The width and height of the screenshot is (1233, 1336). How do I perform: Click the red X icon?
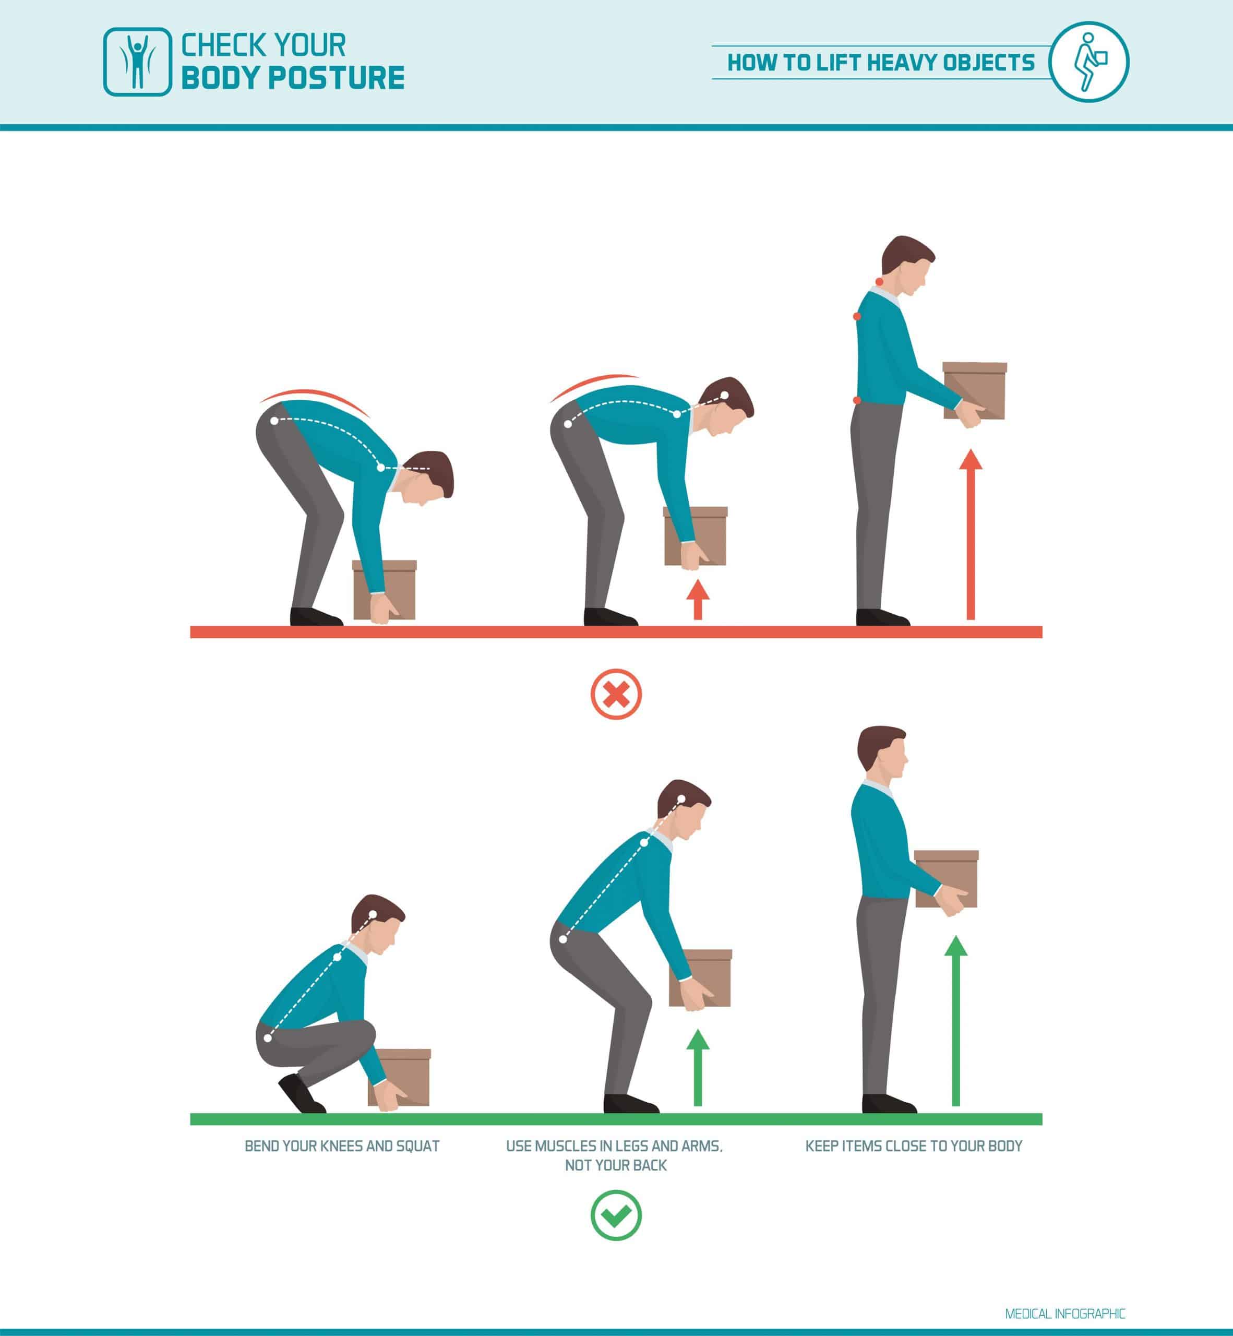coord(616,694)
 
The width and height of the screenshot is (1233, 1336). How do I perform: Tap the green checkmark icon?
coord(616,1215)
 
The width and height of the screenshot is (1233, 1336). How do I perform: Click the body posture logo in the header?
coord(137,62)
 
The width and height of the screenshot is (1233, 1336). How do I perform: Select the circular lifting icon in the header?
coord(1089,62)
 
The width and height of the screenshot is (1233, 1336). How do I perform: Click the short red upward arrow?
coord(698,599)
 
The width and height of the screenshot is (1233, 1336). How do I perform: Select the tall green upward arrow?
coord(955,1021)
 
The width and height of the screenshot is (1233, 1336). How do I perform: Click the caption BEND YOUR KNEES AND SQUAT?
coord(342,1147)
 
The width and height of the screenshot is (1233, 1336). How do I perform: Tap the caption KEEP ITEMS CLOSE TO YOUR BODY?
coord(914,1147)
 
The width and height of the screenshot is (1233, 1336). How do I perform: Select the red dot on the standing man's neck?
coord(879,282)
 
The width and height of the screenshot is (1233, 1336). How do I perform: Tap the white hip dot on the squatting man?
coord(268,1037)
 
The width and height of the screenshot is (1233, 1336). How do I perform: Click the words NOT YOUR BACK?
coord(616,1166)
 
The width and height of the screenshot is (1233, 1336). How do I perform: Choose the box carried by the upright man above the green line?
coord(946,879)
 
